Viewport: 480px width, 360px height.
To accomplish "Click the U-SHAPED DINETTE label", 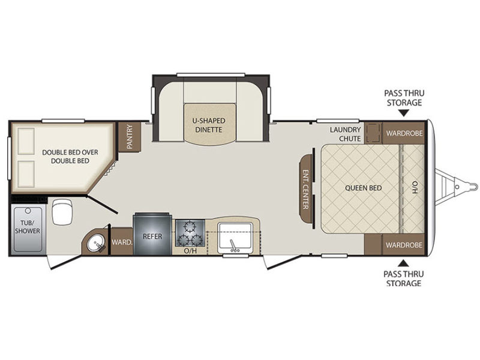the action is pyautogui.click(x=208, y=125).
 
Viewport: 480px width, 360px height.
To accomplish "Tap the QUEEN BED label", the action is pyautogui.click(x=364, y=188).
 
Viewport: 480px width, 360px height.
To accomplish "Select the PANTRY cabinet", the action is pyautogui.click(x=129, y=137).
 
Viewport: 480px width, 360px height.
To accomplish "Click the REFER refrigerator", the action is pyautogui.click(x=152, y=233).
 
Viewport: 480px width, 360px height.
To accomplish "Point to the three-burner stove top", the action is pyautogui.click(x=190, y=233).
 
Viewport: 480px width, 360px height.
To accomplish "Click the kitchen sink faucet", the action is pyautogui.click(x=233, y=246).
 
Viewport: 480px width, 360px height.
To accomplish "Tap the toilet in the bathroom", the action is pyautogui.click(x=62, y=211).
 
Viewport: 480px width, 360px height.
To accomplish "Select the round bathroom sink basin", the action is pyautogui.click(x=95, y=244).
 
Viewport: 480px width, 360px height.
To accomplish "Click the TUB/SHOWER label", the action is pyautogui.click(x=28, y=227).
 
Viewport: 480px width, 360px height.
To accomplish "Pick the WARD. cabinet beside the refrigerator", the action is pyautogui.click(x=122, y=242).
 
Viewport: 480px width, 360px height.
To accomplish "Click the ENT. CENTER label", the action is pyautogui.click(x=305, y=189).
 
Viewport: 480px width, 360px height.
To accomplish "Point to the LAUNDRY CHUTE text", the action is pyautogui.click(x=345, y=134).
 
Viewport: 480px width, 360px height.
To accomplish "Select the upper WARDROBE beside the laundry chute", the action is pyautogui.click(x=404, y=133).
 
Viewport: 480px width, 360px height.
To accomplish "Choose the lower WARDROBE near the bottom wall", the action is pyautogui.click(x=404, y=245).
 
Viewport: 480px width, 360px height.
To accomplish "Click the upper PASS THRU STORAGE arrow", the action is pyautogui.click(x=404, y=113).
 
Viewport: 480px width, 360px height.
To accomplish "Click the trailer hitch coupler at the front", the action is pyautogui.click(x=469, y=186).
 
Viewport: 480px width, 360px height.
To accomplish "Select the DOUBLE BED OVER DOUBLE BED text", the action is pyautogui.click(x=70, y=157).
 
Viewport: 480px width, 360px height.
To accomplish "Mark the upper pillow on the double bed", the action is pyautogui.click(x=26, y=141).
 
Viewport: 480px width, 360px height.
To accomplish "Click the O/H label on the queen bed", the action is pyautogui.click(x=415, y=187).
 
